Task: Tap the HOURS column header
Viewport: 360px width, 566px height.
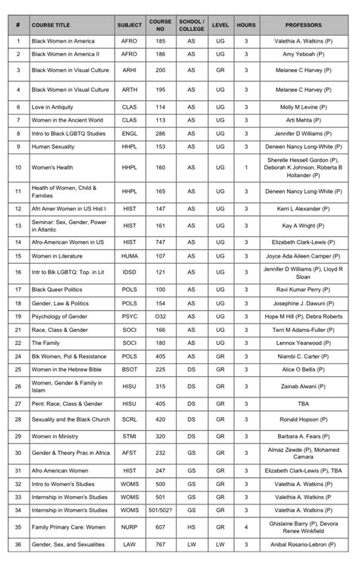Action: pos(246,24)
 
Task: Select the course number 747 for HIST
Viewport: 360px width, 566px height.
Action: pos(160,242)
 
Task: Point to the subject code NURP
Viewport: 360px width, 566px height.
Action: pos(129,526)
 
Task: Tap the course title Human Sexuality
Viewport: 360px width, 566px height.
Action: pos(52,146)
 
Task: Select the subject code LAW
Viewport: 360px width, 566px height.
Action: pos(129,545)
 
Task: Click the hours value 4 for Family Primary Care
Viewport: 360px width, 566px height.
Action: pos(246,526)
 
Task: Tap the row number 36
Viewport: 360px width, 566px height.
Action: pos(17,545)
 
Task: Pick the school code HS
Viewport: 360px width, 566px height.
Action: pos(191,526)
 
